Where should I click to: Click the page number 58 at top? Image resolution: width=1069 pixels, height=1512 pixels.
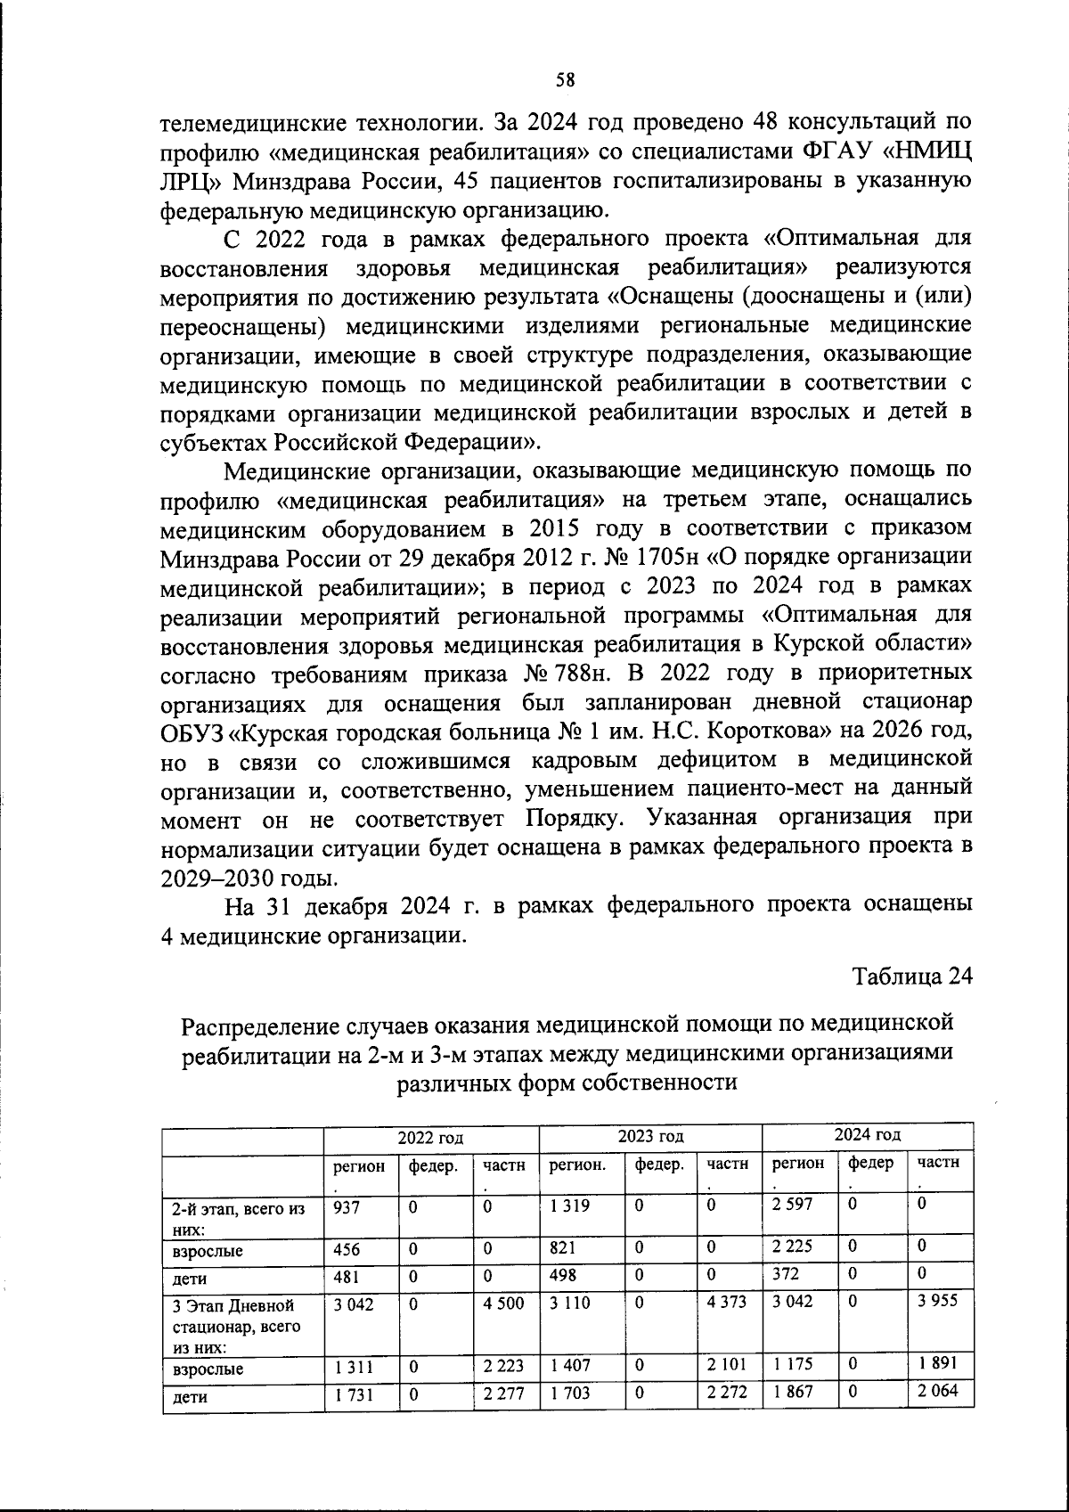565,79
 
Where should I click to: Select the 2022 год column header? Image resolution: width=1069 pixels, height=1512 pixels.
430,1137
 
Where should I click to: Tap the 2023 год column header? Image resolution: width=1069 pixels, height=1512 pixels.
650,1136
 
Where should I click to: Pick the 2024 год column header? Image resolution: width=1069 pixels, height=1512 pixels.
868,1135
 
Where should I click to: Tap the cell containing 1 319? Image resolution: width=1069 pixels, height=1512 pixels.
570,1206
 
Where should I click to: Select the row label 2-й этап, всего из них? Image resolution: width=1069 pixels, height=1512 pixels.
237,1217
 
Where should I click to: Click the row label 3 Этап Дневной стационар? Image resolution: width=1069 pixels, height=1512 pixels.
234,1326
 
